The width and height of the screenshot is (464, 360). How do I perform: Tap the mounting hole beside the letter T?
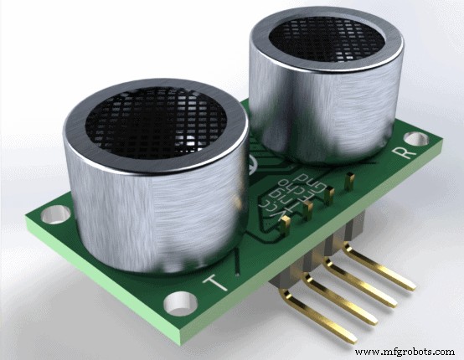click(178, 301)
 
